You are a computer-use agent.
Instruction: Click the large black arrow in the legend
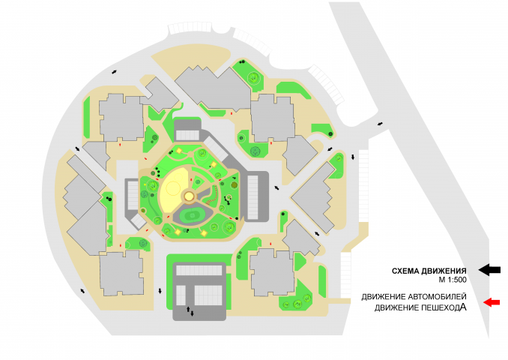(489, 270)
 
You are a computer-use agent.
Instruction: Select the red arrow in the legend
(492, 302)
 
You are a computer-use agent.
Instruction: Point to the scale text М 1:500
(453, 280)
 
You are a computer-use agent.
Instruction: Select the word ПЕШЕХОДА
(444, 307)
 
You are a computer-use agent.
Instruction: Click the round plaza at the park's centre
(190, 196)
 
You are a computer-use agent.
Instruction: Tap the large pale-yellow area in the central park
(174, 188)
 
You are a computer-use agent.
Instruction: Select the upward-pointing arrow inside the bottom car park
(187, 309)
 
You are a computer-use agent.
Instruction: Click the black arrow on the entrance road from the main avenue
(380, 124)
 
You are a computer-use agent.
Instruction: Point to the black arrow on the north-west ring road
(114, 72)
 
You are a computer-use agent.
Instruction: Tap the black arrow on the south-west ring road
(82, 290)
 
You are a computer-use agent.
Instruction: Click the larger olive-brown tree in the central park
(234, 184)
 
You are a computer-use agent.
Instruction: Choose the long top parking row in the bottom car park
(199, 270)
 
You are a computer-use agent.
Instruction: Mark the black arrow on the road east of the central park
(276, 187)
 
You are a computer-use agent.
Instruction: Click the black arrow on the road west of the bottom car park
(160, 290)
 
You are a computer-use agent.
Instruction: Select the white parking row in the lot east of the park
(253, 197)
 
